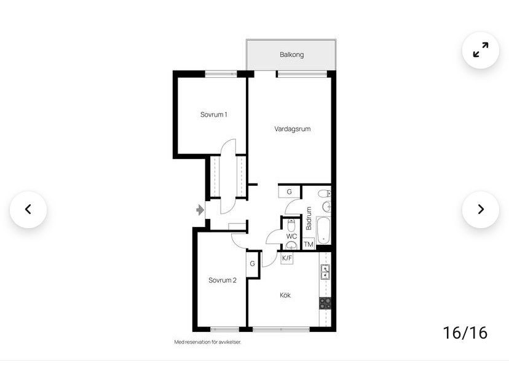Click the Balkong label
click(x=291, y=55)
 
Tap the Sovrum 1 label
click(x=213, y=114)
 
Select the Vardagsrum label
click(x=292, y=129)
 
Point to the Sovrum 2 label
click(x=223, y=280)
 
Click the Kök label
click(x=285, y=295)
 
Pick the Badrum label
click(x=309, y=218)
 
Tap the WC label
click(x=291, y=236)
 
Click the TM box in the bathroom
click(x=309, y=244)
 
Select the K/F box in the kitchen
click(x=287, y=258)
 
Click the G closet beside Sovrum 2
click(x=252, y=264)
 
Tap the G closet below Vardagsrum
click(x=290, y=191)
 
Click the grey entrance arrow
click(x=200, y=210)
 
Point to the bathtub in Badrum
click(x=323, y=231)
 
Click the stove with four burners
click(x=325, y=303)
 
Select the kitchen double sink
click(x=325, y=272)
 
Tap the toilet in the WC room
click(x=291, y=225)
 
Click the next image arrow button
click(x=481, y=209)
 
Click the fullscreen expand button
click(x=481, y=50)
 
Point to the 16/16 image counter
click(x=465, y=333)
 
